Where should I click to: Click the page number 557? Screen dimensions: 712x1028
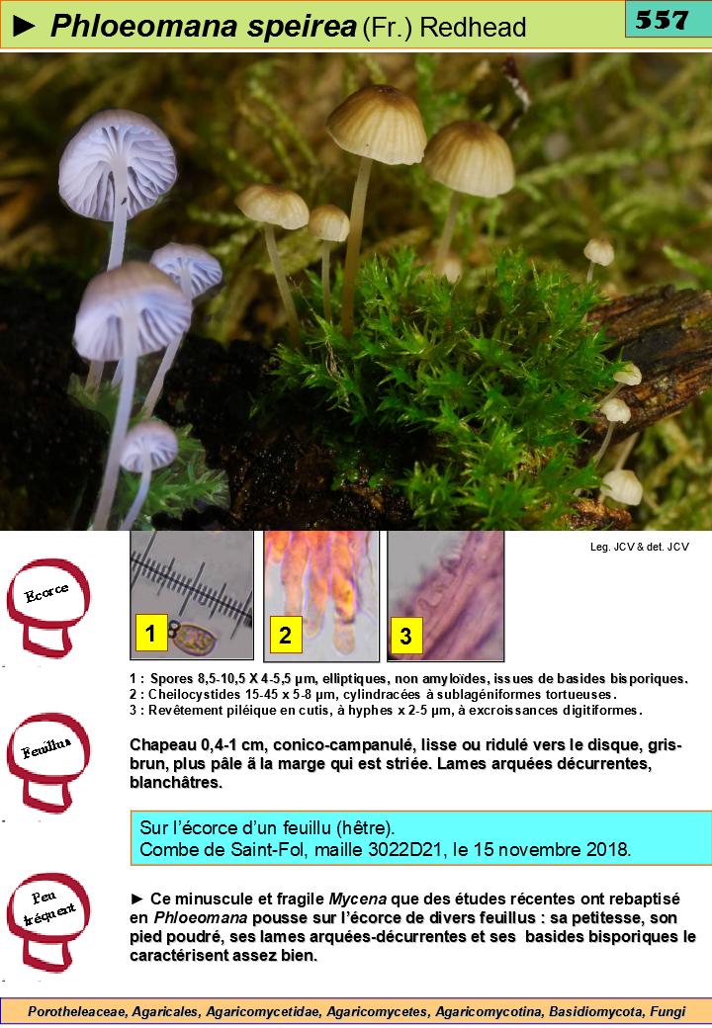(662, 20)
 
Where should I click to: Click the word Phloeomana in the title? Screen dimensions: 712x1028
(143, 27)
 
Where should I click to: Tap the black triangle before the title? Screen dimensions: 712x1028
(25, 27)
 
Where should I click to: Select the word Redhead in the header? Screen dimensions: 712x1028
(473, 28)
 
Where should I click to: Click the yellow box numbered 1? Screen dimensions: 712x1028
(151, 634)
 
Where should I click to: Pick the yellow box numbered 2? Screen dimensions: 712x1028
(286, 635)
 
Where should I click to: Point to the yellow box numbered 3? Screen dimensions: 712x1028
(405, 636)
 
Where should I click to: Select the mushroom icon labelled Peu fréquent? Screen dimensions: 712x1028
(47, 922)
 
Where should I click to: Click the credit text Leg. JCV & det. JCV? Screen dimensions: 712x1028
(639, 547)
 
